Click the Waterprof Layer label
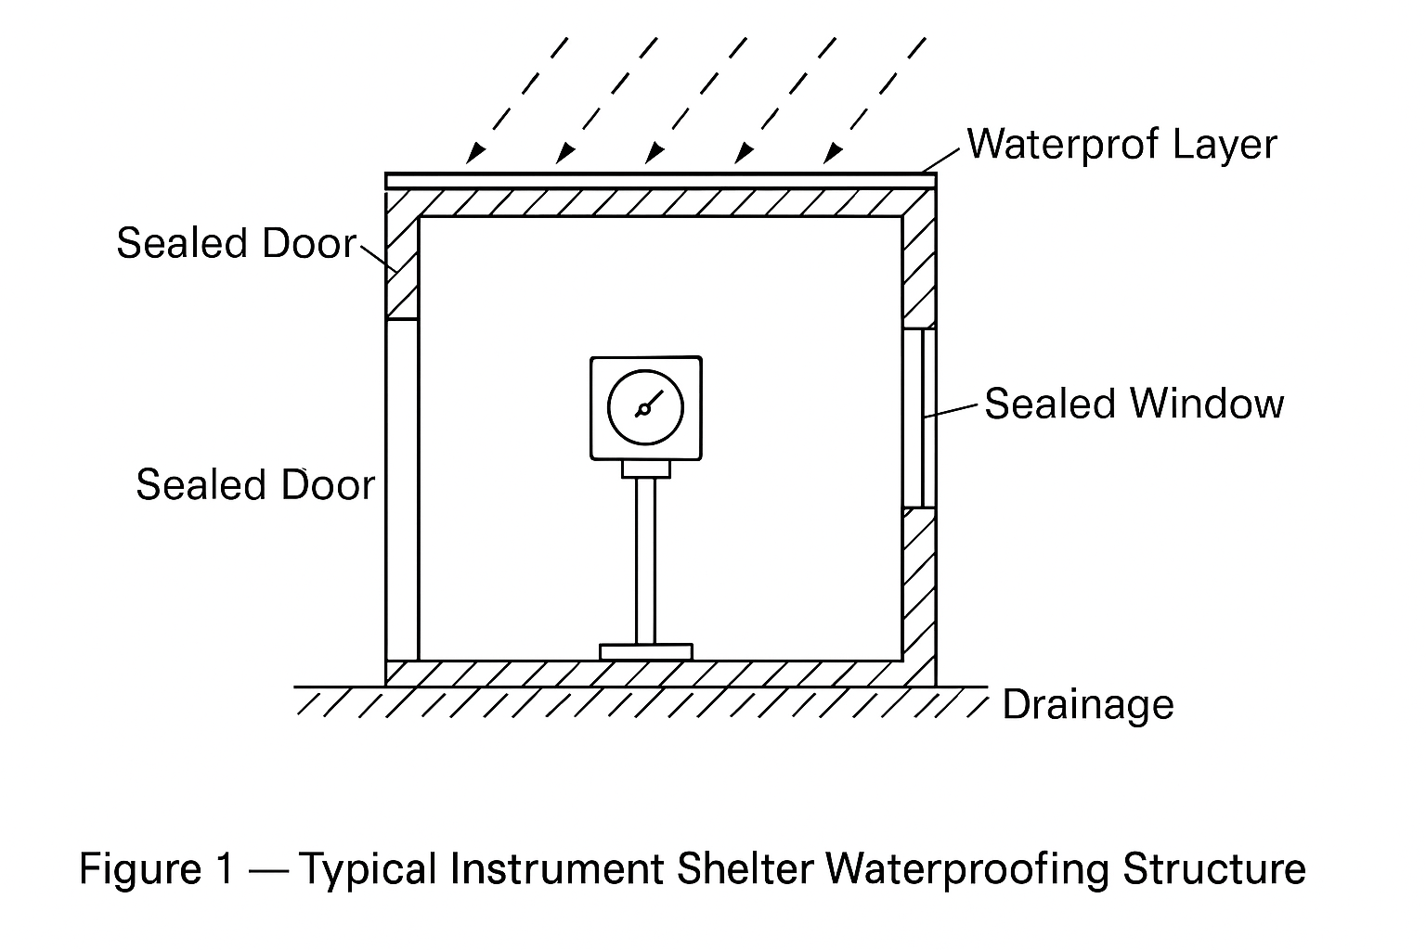tap(1121, 145)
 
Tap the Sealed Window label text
tap(1134, 404)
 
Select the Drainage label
tap(1088, 705)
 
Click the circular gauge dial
tap(645, 407)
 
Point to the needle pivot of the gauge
tap(642, 410)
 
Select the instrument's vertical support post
tap(645, 561)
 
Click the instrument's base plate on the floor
tap(645, 651)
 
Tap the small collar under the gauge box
tap(645, 469)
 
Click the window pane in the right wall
tap(920, 417)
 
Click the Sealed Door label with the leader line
tap(236, 244)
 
